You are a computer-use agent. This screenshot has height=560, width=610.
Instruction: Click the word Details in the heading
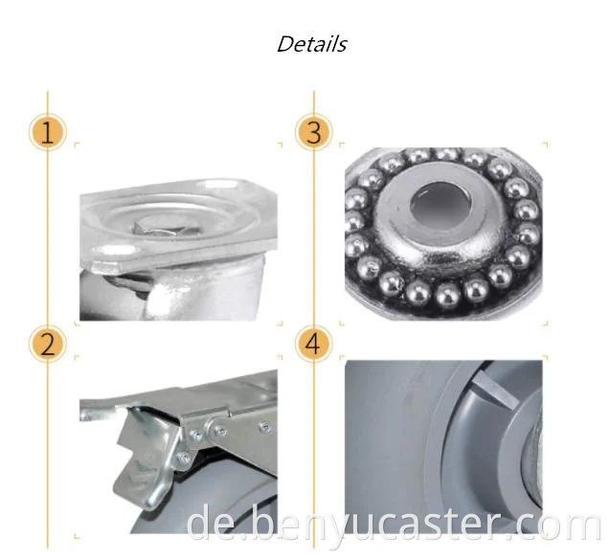click(311, 44)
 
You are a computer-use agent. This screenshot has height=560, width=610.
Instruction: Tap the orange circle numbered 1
click(48, 133)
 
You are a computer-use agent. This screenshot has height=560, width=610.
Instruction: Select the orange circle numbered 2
click(48, 345)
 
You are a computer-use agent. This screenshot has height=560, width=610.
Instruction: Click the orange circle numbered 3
click(314, 133)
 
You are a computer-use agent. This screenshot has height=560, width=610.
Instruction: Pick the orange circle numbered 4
click(314, 345)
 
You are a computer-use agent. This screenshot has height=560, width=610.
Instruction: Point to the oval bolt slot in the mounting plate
click(118, 251)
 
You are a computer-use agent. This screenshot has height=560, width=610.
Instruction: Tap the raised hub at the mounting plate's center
click(169, 227)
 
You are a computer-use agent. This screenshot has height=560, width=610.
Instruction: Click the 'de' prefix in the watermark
click(209, 525)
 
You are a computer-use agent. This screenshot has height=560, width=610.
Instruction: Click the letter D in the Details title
click(286, 44)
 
